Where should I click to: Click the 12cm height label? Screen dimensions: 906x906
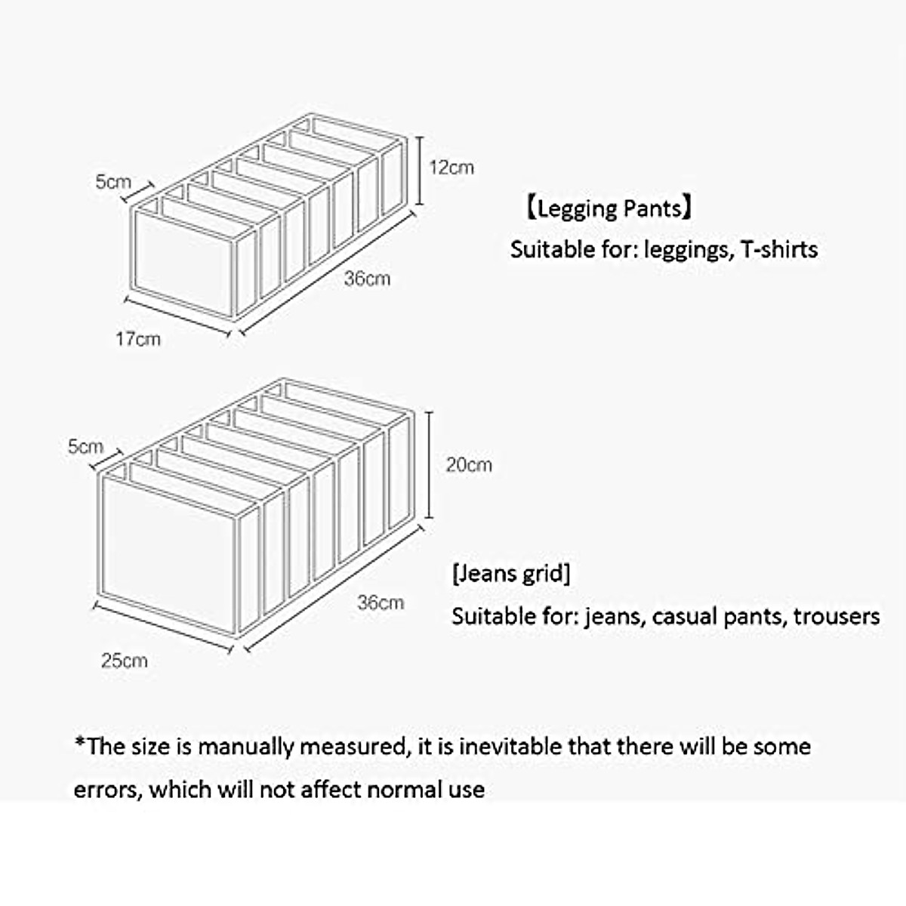tap(451, 167)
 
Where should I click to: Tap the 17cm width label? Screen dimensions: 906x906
tap(138, 339)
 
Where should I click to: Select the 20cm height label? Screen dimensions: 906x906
tap(468, 464)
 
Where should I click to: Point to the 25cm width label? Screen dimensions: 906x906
tap(125, 661)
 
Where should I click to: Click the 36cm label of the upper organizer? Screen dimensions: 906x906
tap(367, 279)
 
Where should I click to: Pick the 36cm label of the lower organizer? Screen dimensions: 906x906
tap(381, 602)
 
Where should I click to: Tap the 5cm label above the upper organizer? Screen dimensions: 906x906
tap(112, 181)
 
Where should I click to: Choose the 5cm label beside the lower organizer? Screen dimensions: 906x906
tap(85, 446)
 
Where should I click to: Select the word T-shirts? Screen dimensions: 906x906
tap(779, 249)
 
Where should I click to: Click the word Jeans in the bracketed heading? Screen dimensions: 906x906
tap(487, 573)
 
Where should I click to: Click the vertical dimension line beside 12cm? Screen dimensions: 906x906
tap(420, 170)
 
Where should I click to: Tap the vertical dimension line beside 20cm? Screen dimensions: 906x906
tap(430, 464)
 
